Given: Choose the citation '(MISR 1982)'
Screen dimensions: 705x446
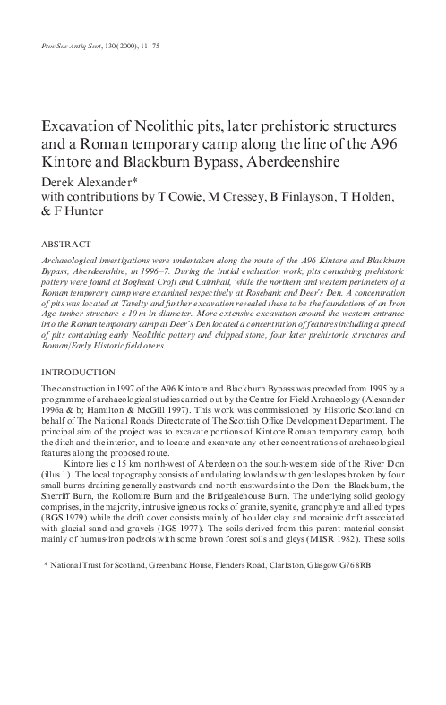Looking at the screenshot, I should pos(336,543).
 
